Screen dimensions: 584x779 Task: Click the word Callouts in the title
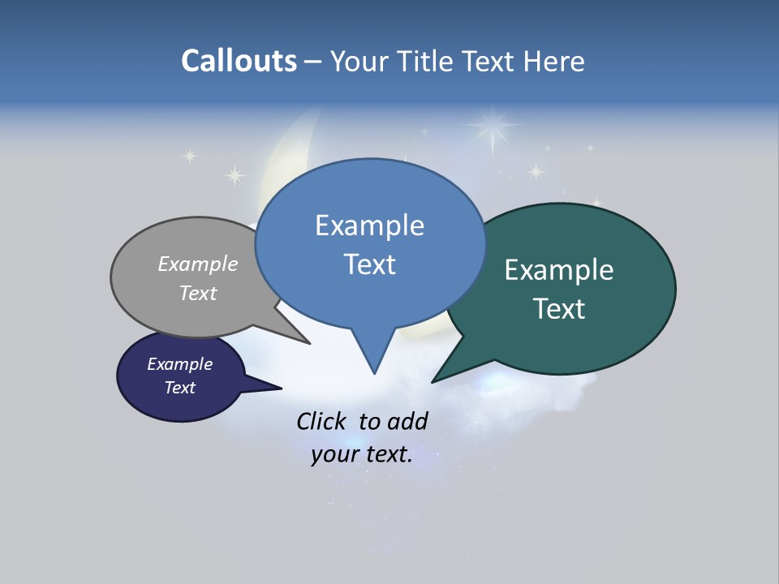coord(239,61)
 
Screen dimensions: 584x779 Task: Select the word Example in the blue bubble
coord(369,225)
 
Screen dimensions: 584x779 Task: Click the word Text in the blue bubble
coord(369,264)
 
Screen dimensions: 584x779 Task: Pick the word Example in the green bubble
coord(559,270)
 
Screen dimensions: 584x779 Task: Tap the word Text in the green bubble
coord(559,309)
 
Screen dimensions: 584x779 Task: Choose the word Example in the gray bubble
coord(198,264)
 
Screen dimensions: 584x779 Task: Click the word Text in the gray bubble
coord(198,294)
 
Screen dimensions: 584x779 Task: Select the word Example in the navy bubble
coord(180,364)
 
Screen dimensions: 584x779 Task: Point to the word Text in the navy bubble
coord(180,388)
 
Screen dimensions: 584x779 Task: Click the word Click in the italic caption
coord(321,421)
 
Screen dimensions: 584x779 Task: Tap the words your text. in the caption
coord(362,454)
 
